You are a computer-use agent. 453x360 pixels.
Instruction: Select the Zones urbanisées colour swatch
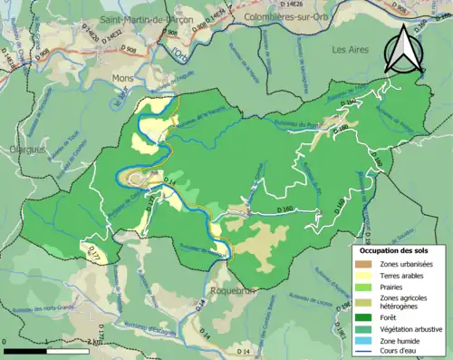click(x=365, y=264)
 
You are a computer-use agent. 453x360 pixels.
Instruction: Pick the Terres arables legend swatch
click(x=365, y=277)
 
